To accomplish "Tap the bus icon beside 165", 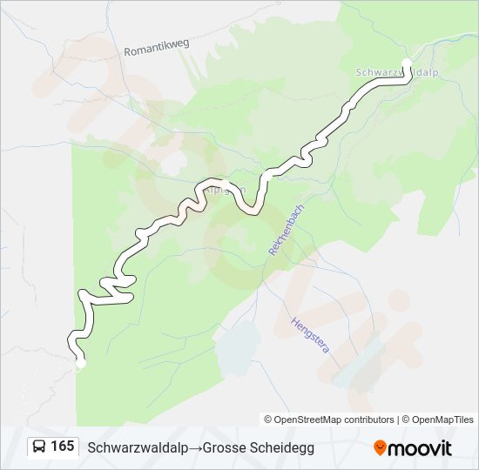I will [39, 446].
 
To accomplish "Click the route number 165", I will [63, 446].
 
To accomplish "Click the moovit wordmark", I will [420, 448].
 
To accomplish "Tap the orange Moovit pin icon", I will [380, 448].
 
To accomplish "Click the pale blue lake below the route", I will [237, 347].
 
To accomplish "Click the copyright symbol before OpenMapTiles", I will [406, 420].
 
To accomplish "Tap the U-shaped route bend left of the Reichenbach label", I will [252, 208].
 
